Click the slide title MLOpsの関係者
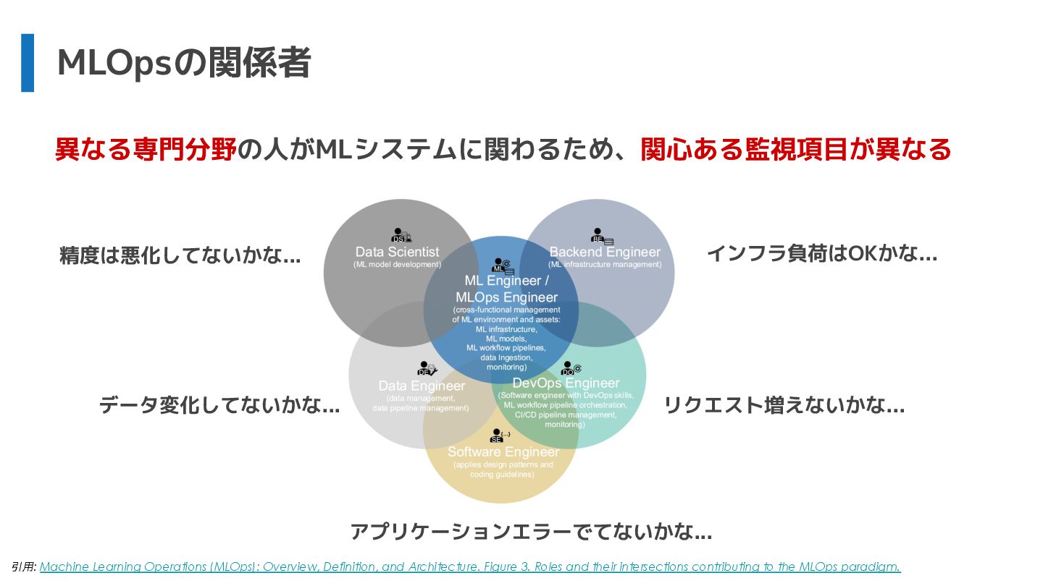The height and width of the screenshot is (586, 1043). (184, 63)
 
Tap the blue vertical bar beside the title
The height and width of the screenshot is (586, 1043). (28, 63)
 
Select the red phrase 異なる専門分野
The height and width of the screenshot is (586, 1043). (146, 150)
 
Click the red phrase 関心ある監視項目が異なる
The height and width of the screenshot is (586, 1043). (795, 150)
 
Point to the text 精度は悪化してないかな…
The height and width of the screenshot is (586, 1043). (180, 255)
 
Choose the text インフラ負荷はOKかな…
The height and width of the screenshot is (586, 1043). (821, 253)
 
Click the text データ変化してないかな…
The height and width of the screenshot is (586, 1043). (219, 405)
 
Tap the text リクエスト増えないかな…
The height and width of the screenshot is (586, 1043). (784, 405)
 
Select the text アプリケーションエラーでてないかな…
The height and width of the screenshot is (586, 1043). (531, 532)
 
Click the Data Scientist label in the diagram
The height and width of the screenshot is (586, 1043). (397, 252)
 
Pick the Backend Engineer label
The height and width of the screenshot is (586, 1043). (605, 252)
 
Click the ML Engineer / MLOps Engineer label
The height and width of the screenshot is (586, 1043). (507, 289)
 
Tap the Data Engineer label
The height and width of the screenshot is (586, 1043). (422, 386)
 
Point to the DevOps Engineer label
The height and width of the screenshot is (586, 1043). (566, 383)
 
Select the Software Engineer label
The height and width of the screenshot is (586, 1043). (503, 451)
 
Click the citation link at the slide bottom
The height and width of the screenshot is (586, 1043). (469, 566)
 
